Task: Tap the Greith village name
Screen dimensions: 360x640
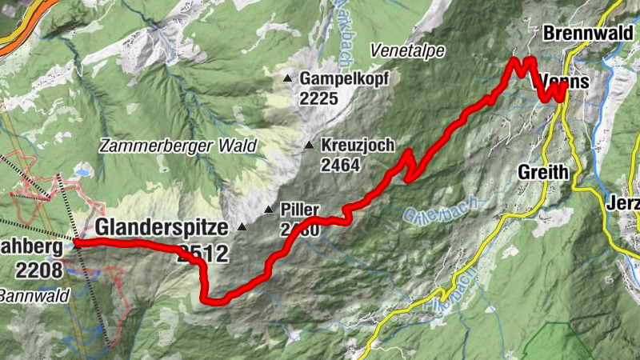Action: (x=543, y=171)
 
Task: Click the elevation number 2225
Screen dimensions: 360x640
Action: (x=320, y=99)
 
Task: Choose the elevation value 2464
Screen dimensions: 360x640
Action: (x=340, y=166)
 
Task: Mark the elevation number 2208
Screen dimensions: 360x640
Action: (x=38, y=270)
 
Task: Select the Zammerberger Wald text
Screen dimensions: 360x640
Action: (x=178, y=146)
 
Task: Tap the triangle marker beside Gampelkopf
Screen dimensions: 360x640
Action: (x=288, y=78)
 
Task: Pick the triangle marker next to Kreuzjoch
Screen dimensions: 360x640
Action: (x=309, y=146)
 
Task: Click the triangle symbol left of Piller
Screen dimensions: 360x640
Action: (x=269, y=210)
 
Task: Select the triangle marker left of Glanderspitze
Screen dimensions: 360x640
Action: (x=242, y=226)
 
